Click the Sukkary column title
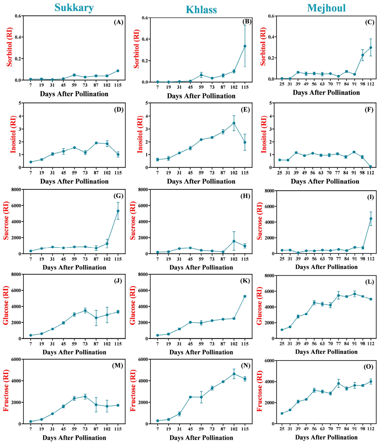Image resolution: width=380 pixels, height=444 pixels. [x=74, y=8]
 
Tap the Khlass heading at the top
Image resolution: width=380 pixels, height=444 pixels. [x=201, y=10]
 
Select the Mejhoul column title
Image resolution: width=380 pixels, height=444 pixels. [x=326, y=8]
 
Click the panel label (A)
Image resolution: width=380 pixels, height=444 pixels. [x=119, y=22]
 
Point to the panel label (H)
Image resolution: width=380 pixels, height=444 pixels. [x=245, y=196]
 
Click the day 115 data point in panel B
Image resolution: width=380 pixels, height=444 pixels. [x=245, y=46]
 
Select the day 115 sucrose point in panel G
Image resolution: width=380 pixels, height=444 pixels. [x=118, y=211]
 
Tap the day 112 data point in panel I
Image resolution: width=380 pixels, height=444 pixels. [x=371, y=219]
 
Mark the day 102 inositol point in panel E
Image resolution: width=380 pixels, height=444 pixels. [x=234, y=123]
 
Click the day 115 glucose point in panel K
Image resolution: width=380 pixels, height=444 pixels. [x=245, y=296]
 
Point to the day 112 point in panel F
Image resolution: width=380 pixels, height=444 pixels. [x=370, y=167]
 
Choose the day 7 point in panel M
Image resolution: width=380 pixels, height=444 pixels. [x=31, y=422]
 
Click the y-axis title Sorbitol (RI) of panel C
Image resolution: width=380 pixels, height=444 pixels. [x=263, y=46]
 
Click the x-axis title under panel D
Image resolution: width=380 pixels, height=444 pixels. [x=74, y=181]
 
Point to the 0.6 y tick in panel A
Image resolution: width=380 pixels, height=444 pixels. [x=18, y=16]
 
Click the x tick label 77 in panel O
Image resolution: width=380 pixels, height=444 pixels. [x=338, y=428]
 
